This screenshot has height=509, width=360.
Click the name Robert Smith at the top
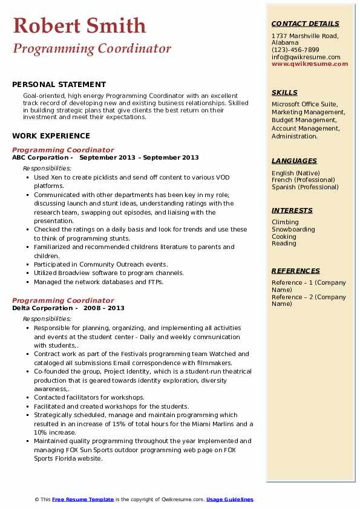79,25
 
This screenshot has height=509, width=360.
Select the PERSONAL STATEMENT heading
59,85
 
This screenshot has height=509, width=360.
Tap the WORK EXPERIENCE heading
51,136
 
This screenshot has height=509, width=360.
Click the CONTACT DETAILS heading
306,24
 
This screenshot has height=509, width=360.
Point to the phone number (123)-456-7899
295,50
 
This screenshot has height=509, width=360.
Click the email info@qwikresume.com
306,57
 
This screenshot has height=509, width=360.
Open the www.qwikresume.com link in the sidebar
306,63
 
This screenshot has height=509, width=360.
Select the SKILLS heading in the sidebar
284,92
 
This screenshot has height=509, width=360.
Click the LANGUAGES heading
294,161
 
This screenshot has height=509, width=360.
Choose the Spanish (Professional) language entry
305,187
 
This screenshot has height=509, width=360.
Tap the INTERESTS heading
292,210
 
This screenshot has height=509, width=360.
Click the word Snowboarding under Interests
293,230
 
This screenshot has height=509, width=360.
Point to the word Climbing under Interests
285,222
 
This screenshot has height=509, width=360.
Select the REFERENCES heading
295,271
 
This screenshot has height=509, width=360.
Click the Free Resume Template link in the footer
83,499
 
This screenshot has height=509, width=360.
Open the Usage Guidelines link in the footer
229,499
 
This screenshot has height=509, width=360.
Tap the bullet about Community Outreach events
100,264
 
